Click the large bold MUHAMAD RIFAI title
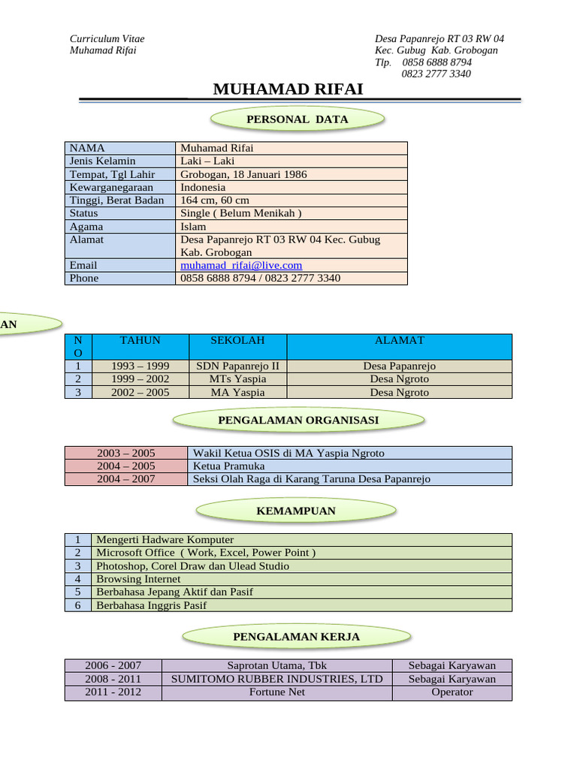tap(288, 89)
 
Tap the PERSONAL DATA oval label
tap(298, 119)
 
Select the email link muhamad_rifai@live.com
tap(241, 265)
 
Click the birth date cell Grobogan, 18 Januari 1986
tap(243, 174)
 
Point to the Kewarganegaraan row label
tap(111, 187)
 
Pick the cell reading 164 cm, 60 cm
tap(215, 201)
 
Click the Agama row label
tap(86, 226)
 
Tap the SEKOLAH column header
tap(237, 340)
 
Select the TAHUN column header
tap(140, 340)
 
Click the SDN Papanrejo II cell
tap(237, 366)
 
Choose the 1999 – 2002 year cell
tap(140, 379)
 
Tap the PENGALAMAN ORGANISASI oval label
tap(298, 421)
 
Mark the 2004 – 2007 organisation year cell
tap(126, 478)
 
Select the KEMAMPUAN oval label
tap(296, 511)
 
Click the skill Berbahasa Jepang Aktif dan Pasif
tap(174, 592)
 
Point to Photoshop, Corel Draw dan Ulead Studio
tap(192, 565)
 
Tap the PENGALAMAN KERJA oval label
tap(296, 637)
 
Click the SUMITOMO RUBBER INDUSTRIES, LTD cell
tap(277, 679)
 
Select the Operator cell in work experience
tap(452, 692)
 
